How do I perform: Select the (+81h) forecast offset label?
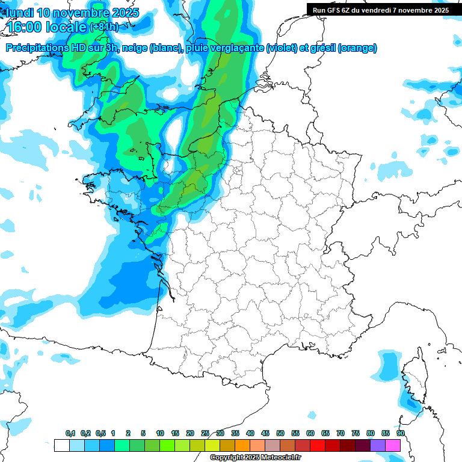click(x=103, y=27)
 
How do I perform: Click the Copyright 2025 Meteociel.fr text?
click(x=255, y=458)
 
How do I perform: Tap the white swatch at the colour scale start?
click(x=61, y=446)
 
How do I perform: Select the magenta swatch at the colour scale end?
click(x=393, y=446)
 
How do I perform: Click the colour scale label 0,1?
click(x=70, y=433)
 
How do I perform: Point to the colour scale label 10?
click(x=160, y=433)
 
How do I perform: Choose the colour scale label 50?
click(x=280, y=433)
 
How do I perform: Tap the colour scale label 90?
click(x=401, y=433)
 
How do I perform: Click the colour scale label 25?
click(x=205, y=433)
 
